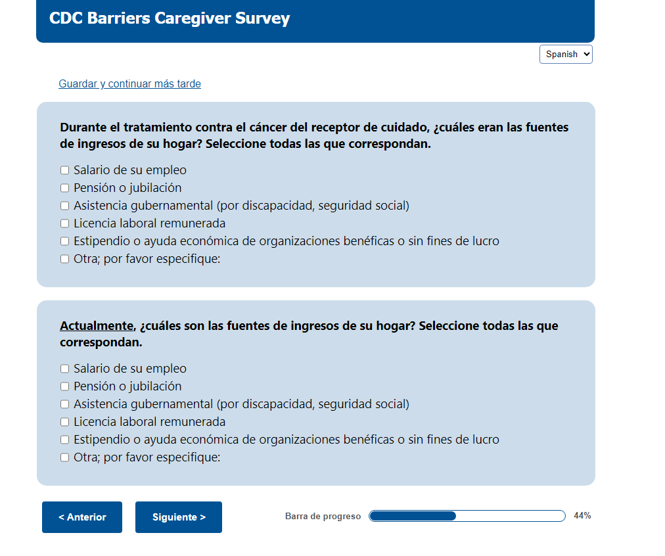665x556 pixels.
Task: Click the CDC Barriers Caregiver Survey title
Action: tap(170, 18)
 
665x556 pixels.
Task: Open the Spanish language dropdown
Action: tap(566, 55)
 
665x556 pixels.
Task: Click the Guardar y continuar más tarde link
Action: tap(129, 83)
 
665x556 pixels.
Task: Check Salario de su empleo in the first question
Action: tap(64, 170)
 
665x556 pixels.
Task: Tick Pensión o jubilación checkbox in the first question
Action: tap(64, 188)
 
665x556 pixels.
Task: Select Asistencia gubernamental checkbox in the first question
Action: tap(64, 206)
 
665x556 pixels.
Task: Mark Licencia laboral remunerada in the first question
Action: tap(64, 223)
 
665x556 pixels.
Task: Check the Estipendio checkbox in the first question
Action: tap(64, 241)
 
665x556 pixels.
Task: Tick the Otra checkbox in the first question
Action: tap(64, 259)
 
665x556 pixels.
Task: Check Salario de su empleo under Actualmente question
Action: tap(64, 369)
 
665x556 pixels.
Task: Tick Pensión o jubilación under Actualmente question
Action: tap(64, 386)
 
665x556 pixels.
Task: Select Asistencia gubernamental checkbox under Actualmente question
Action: tap(64, 404)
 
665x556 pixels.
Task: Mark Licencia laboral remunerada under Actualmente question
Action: tap(64, 422)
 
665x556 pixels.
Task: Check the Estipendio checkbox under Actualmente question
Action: tap(64, 440)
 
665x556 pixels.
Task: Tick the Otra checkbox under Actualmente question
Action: tap(64, 457)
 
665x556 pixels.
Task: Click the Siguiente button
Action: tap(179, 517)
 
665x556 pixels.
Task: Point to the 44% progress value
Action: tap(582, 516)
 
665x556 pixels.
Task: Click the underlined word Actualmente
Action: tap(97, 326)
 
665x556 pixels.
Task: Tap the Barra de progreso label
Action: tap(323, 516)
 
